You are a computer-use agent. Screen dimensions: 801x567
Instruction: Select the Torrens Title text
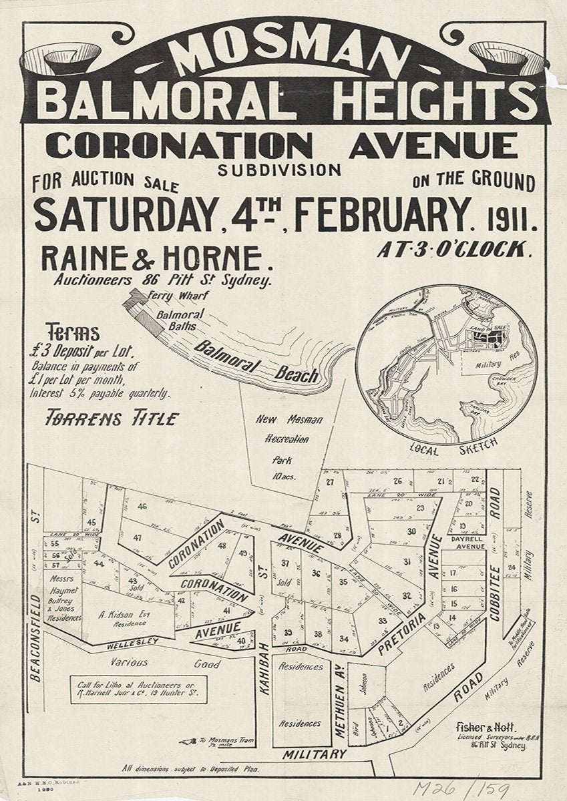tap(112, 419)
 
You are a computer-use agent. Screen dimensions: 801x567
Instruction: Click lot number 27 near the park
tap(330, 482)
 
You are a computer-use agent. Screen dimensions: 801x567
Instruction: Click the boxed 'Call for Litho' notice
tap(138, 690)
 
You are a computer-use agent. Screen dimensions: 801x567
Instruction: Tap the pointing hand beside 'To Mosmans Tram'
tap(188, 741)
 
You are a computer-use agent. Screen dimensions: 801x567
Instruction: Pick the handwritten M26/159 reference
tap(460, 788)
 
